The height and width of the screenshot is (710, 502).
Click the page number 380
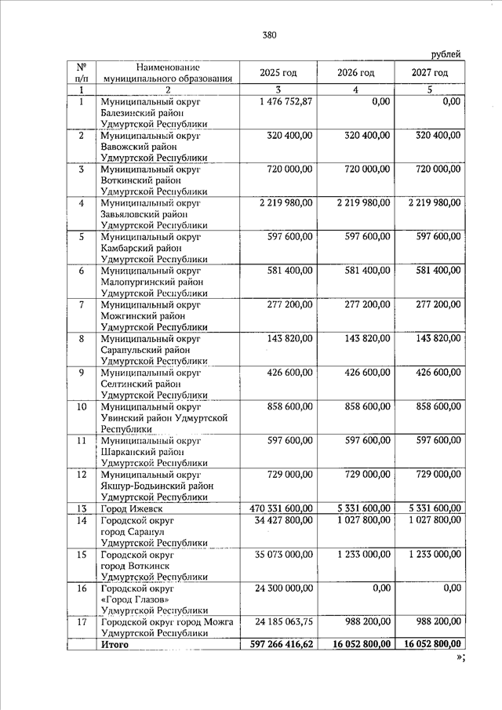pos(269,35)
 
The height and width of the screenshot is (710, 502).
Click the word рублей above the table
pos(446,53)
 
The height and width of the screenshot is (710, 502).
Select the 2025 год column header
pos(278,72)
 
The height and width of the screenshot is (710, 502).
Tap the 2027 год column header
pos(430,72)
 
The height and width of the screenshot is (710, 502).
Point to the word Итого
pos(114,644)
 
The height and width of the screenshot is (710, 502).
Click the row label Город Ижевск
pos(133,508)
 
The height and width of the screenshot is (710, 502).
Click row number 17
pos(81,621)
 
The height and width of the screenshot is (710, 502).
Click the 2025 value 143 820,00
pos(290,338)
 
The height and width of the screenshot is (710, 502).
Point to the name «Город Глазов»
pos(133,599)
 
